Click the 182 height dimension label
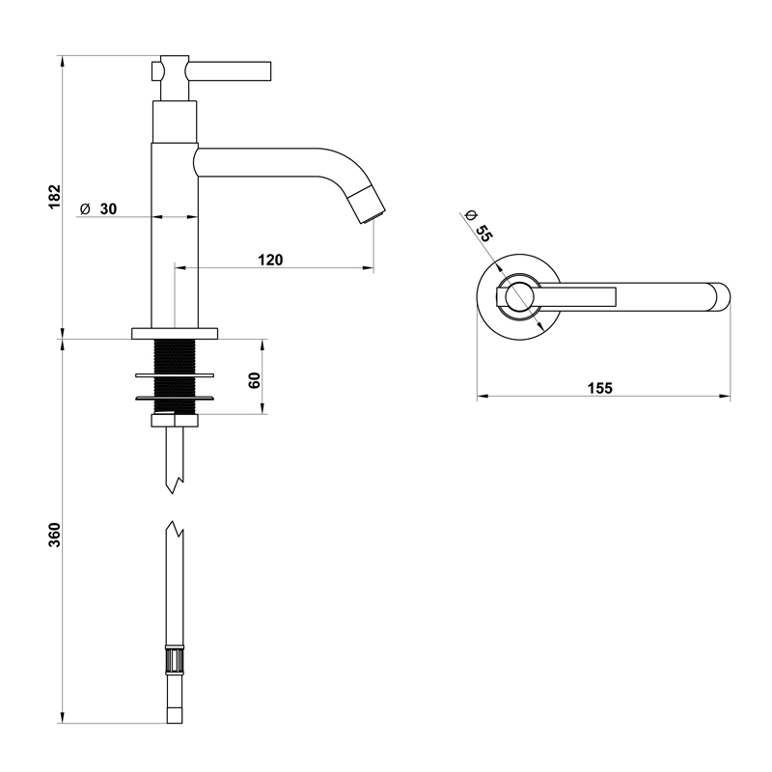[55, 196]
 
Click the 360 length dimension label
[55, 535]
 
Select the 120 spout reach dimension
[270, 259]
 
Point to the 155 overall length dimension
[599, 388]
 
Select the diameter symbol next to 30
[85, 208]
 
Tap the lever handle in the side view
[232, 70]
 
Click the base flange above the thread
[176, 333]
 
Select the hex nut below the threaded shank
[176, 420]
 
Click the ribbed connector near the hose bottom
[174, 664]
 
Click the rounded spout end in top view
[720, 296]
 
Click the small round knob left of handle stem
[157, 71]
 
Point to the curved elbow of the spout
[338, 164]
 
